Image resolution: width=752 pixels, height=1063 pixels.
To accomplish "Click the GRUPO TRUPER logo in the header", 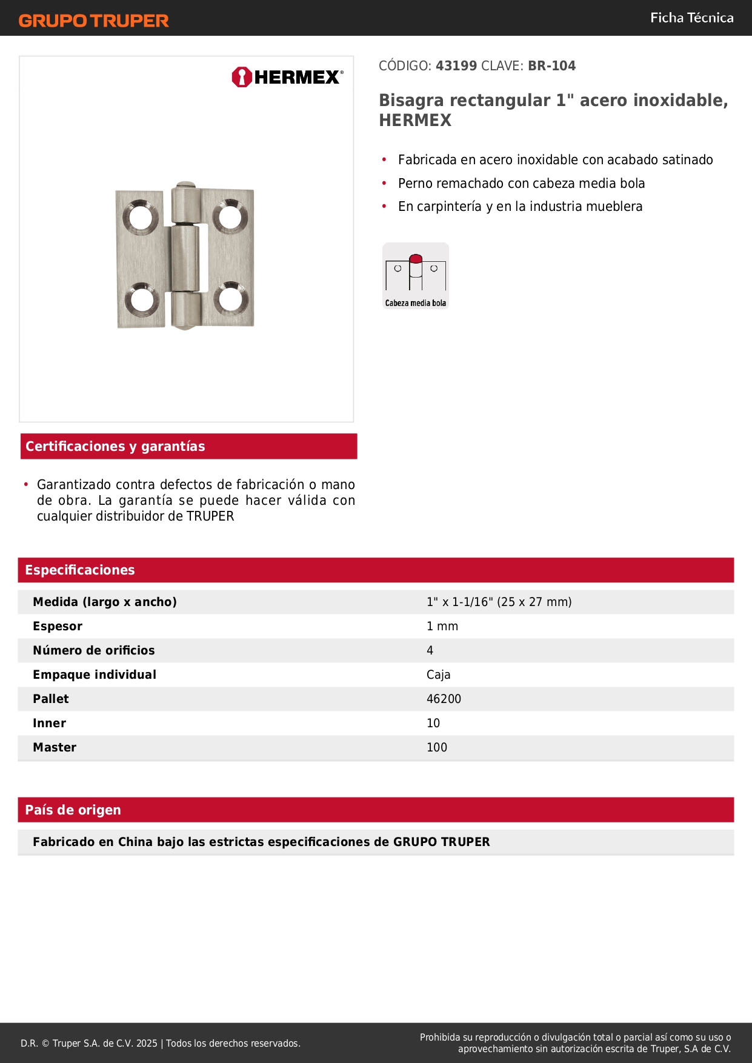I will pyautogui.click(x=93, y=21).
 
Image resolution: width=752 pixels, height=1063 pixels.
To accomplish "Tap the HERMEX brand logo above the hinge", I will pyautogui.click(x=287, y=77).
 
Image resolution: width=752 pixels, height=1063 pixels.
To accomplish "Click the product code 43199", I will pyautogui.click(x=456, y=66).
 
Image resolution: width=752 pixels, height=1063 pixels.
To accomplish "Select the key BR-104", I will pyautogui.click(x=551, y=66).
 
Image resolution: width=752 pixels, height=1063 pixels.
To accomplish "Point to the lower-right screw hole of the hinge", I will pyautogui.click(x=230, y=299).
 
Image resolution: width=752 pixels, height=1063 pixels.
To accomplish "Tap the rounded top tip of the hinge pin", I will pyautogui.click(x=185, y=184).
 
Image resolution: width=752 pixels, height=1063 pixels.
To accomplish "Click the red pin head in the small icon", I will pyautogui.click(x=416, y=259).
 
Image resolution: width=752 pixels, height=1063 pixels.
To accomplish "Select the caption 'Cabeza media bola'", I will pyautogui.click(x=416, y=303).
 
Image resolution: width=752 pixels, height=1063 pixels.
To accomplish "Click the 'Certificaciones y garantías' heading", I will pyautogui.click(x=115, y=447).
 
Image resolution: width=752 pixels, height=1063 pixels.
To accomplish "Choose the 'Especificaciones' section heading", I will pyautogui.click(x=80, y=570).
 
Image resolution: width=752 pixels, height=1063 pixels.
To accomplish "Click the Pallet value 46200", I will pyautogui.click(x=444, y=699).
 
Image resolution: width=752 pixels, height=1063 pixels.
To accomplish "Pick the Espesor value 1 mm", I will pyautogui.click(x=442, y=626).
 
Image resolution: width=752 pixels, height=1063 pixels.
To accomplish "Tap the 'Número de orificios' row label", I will pyautogui.click(x=94, y=650).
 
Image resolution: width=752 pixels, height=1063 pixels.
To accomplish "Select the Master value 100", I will pyautogui.click(x=437, y=747).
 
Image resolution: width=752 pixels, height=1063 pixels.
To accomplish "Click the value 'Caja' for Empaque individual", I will pyautogui.click(x=438, y=675).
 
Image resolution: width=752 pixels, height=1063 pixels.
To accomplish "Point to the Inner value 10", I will pyautogui.click(x=433, y=723).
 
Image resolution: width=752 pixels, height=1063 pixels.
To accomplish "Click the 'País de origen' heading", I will pyautogui.click(x=73, y=810).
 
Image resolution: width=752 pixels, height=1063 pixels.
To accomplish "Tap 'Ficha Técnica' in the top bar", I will pyautogui.click(x=691, y=18).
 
